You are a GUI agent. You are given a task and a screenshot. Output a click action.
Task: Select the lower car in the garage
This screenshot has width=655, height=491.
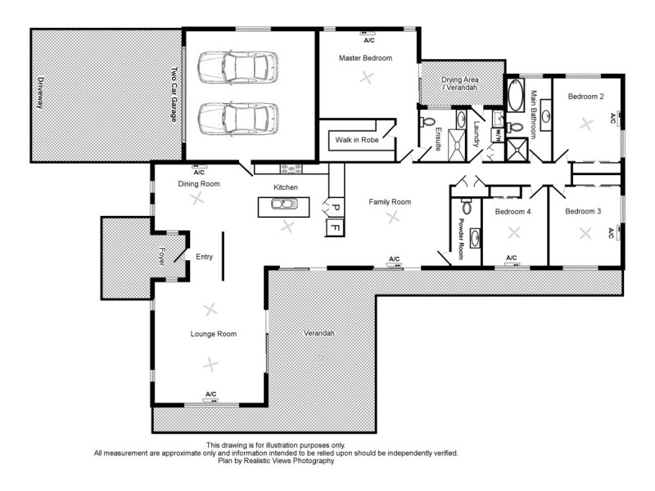(x=238, y=118)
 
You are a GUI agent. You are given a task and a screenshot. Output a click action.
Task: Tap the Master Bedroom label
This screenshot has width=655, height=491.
(x=366, y=58)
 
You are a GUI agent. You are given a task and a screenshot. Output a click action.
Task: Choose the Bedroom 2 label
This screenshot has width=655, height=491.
(x=585, y=97)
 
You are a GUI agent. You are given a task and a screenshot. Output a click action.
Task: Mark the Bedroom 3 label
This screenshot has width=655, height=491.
(x=582, y=211)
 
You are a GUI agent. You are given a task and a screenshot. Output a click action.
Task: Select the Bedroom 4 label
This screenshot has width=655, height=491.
(x=513, y=212)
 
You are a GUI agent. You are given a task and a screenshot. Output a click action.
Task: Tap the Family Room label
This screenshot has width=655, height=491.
(x=390, y=201)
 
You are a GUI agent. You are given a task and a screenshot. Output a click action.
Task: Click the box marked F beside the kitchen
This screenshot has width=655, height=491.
(x=333, y=227)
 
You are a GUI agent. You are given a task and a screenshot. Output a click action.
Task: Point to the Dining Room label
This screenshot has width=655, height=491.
(x=199, y=184)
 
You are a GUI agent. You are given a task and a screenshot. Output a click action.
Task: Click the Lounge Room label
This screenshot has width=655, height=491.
(x=214, y=334)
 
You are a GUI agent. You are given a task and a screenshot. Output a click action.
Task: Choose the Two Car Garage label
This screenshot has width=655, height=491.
(x=174, y=99)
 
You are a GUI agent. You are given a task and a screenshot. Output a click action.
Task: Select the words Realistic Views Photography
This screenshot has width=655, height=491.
(x=287, y=462)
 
